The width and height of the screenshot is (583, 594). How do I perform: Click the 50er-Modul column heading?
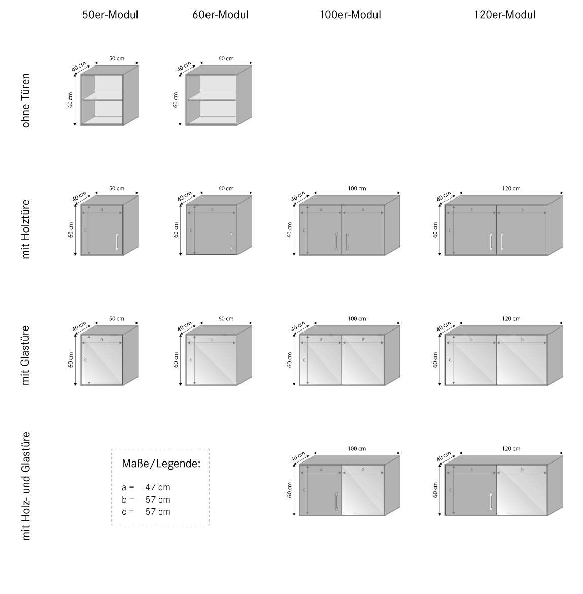110,15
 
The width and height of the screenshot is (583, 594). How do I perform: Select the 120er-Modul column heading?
505,15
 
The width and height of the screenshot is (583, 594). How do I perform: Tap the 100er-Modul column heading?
350,15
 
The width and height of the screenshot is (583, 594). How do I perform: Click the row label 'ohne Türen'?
26,101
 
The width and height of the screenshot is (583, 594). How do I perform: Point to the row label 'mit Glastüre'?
26,355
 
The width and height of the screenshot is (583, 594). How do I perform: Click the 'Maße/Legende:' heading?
161,464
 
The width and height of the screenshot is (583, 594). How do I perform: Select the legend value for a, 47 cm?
158,487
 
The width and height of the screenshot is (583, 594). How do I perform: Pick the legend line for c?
146,512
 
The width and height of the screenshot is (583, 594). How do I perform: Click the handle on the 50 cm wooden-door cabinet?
117,241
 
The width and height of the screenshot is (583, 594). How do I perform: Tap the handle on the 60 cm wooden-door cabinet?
231,241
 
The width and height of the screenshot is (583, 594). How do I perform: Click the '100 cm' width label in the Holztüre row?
357,188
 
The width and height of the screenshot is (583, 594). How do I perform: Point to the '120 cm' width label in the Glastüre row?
511,319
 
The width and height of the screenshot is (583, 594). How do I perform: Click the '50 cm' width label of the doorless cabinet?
117,58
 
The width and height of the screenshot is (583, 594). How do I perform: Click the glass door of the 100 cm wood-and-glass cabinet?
363,490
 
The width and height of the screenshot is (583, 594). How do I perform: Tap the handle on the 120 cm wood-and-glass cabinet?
491,502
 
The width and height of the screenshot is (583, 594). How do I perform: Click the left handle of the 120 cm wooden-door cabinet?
491,241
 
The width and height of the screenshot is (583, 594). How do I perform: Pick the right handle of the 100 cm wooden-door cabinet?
347,241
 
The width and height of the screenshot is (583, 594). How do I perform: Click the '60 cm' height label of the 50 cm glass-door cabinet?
71,360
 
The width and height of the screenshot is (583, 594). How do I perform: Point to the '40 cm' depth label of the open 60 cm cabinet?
184,67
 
